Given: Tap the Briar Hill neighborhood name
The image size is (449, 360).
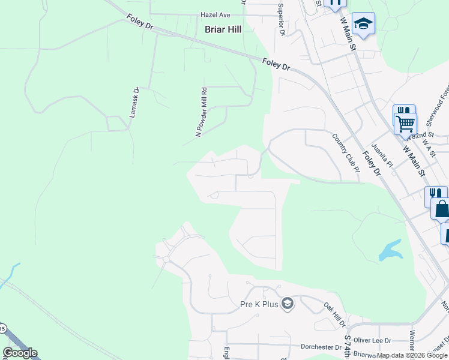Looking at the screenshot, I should (223, 29).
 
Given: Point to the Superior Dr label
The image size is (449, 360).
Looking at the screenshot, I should (280, 19).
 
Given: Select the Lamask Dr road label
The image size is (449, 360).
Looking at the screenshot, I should (135, 102).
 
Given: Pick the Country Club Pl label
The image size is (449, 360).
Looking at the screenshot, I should (345, 152).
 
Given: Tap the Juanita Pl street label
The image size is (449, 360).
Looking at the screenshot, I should (382, 154).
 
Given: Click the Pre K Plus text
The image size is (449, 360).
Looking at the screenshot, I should (259, 304).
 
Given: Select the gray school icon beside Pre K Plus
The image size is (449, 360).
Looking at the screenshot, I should (288, 304).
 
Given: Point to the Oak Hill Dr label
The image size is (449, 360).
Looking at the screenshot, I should (335, 314).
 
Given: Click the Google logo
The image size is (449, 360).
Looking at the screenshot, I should (20, 352).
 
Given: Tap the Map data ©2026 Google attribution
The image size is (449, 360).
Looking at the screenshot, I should (412, 355).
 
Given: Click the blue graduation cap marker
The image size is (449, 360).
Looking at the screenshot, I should (363, 23).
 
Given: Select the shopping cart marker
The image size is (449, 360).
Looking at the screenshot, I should (406, 124).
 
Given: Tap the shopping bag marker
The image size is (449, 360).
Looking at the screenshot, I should (442, 209).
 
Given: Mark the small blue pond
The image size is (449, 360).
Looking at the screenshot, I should (390, 250).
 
